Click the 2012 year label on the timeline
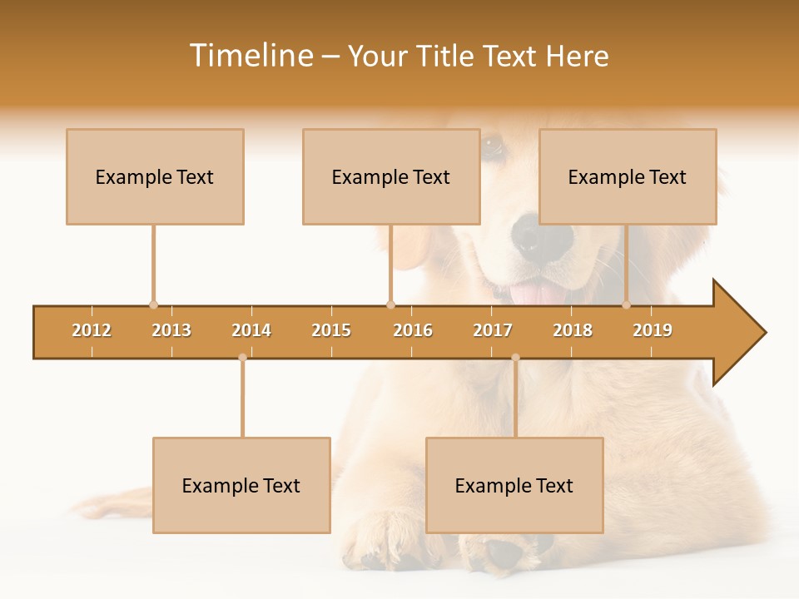(x=92, y=330)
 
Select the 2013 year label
(x=171, y=330)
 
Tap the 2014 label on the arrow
(x=251, y=330)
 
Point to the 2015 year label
(x=331, y=330)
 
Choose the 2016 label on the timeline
(x=413, y=330)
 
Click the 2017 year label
(x=493, y=330)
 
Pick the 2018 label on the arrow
(x=573, y=330)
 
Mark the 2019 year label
(x=653, y=330)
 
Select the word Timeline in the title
(x=251, y=56)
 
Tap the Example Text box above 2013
(x=155, y=176)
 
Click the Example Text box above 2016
(x=391, y=176)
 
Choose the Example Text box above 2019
(x=628, y=176)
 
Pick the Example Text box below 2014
(x=241, y=485)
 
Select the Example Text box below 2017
(x=514, y=485)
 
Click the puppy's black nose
(x=533, y=234)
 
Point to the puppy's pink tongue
(x=533, y=293)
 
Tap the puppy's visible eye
(x=492, y=147)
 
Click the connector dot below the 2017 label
(x=515, y=358)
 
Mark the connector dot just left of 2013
(x=153, y=305)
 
